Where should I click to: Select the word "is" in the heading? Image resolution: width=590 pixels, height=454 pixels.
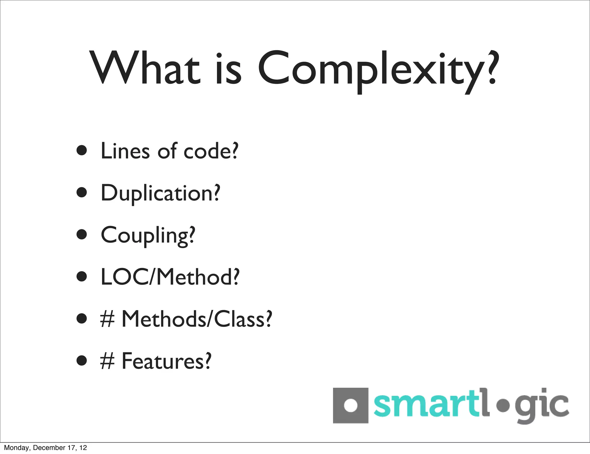(228, 69)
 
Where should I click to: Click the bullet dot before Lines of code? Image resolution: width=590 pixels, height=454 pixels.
(82, 150)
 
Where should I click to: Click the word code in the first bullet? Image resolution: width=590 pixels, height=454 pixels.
(211, 151)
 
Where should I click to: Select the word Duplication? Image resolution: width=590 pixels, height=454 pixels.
(160, 193)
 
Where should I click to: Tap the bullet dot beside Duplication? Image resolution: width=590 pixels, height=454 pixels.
(82, 192)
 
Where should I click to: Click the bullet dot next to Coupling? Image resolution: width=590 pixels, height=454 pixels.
(82, 234)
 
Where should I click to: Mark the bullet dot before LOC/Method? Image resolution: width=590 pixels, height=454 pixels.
(82, 276)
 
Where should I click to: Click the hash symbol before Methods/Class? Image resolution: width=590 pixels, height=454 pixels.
(107, 319)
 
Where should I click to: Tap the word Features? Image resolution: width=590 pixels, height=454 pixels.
(167, 361)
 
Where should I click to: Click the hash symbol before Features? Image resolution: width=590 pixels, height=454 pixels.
(107, 361)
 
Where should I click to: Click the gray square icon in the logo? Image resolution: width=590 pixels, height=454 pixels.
(350, 405)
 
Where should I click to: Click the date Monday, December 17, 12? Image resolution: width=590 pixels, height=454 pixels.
(46, 448)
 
